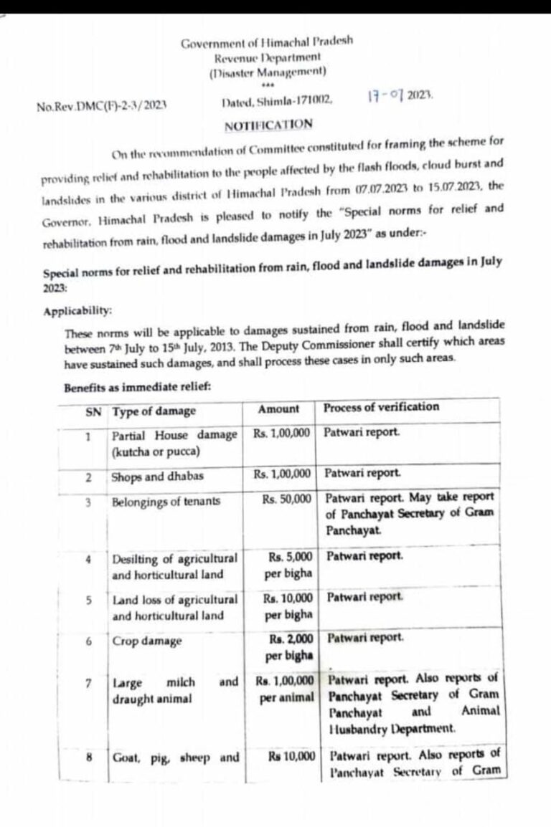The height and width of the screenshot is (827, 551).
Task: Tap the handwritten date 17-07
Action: click(385, 95)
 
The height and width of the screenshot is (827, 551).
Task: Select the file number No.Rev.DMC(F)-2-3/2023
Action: click(102, 105)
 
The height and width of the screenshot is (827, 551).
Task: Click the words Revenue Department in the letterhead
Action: click(267, 57)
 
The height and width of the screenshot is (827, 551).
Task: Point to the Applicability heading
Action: click(77, 312)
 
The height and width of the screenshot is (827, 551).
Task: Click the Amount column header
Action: click(278, 409)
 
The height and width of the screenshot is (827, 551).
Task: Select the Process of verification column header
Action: click(381, 407)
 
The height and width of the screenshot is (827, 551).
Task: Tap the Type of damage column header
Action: click(154, 411)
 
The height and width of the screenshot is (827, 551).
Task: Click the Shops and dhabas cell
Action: click(147, 477)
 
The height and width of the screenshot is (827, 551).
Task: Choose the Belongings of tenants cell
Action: click(166, 502)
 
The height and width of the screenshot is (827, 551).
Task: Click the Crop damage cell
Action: click(147, 641)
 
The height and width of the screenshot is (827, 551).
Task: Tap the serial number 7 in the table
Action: click(88, 682)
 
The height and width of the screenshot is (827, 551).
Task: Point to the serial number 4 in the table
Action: click(88, 558)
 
